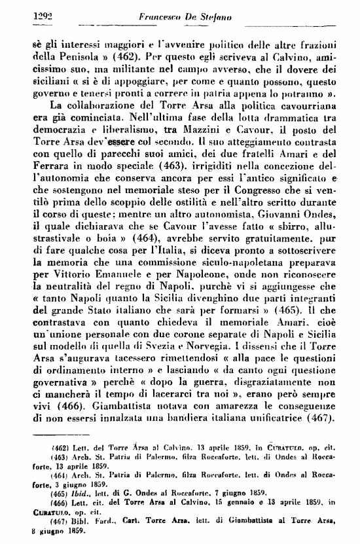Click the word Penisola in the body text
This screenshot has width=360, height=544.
[58, 56]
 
